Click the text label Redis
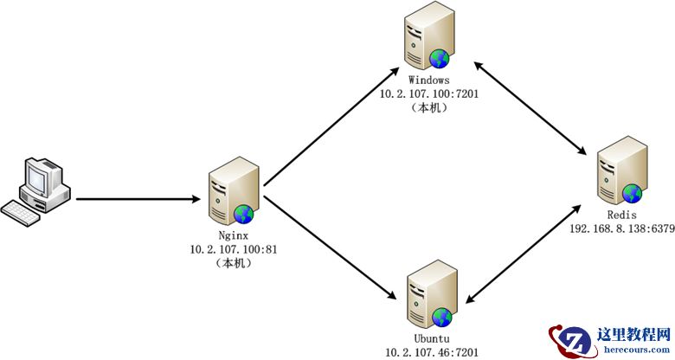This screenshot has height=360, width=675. pos(622,215)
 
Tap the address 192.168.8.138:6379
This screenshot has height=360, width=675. pos(622,228)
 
